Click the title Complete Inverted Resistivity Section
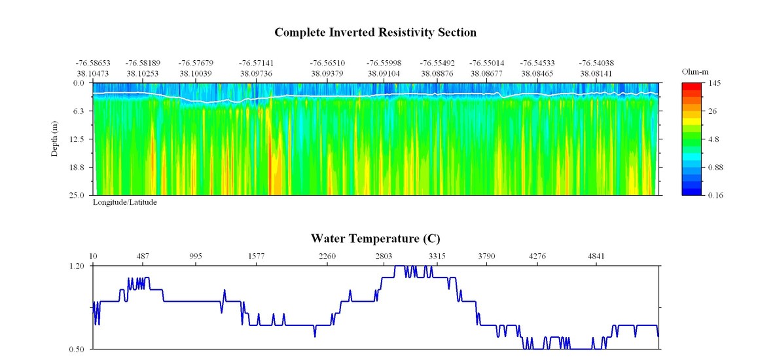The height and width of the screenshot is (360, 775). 375,32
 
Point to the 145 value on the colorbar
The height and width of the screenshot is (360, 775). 714,83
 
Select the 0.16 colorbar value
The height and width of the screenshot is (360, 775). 715,195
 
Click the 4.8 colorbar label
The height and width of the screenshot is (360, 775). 713,139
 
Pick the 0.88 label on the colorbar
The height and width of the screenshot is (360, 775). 715,168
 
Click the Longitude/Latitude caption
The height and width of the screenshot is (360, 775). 124,203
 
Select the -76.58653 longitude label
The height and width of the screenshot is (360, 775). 92,63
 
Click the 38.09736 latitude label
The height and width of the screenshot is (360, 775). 256,73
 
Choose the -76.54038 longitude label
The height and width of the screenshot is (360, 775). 596,63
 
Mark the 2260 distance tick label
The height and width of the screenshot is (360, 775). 327,256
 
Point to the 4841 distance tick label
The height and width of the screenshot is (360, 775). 596,256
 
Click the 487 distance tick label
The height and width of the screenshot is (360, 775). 143,256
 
